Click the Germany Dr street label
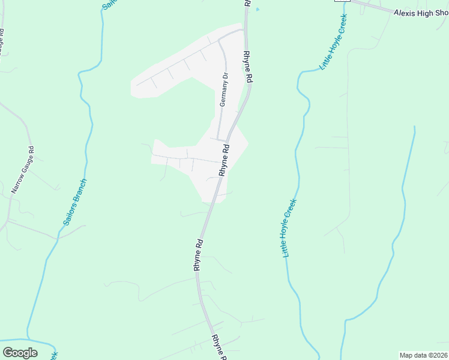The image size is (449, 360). point(223,90)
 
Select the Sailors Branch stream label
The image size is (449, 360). point(75,202)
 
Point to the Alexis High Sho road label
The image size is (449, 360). point(421,13)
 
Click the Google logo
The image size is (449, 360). point(20,352)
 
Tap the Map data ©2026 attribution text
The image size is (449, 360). point(424,355)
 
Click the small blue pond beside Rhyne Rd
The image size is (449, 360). point(258,10)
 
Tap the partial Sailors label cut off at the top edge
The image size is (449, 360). point(109,4)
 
